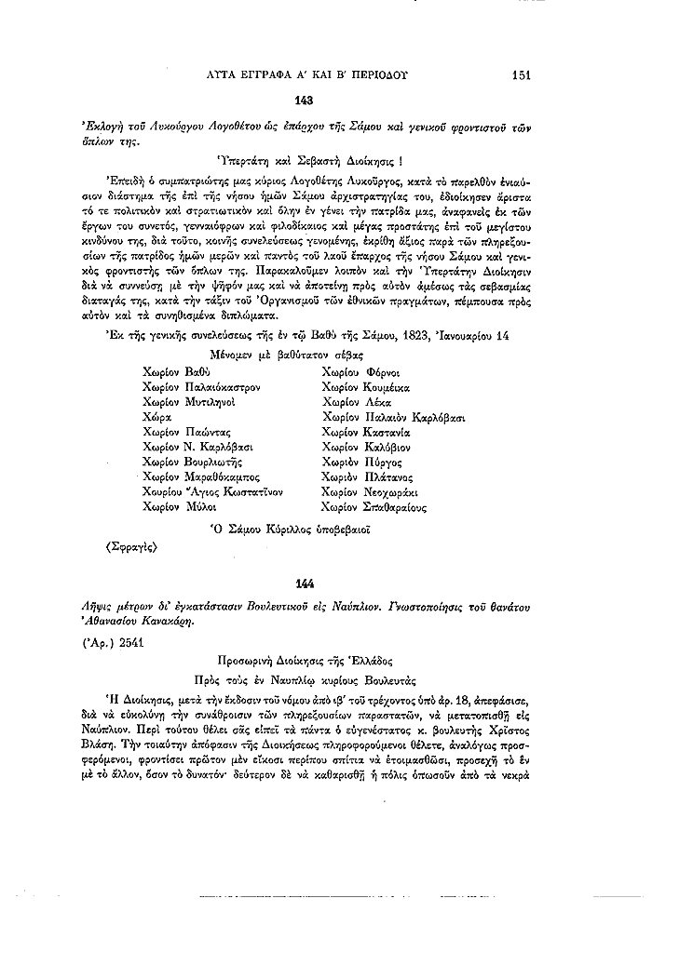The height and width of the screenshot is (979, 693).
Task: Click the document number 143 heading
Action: [x=303, y=100]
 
